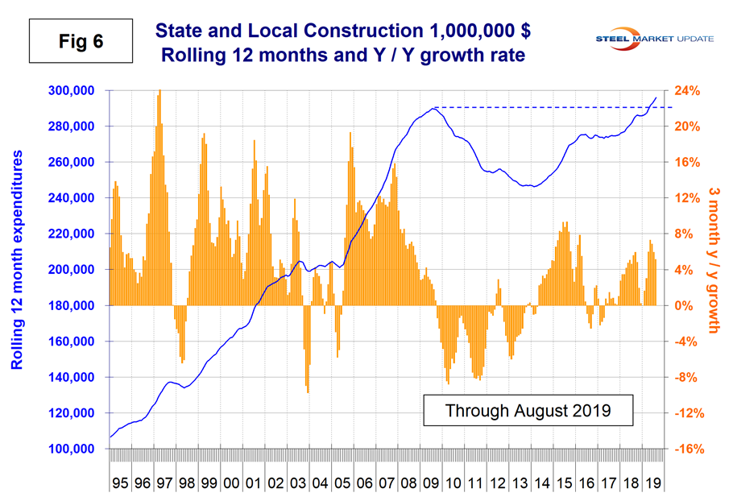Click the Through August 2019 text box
[x=528, y=410]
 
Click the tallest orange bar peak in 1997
[x=159, y=92]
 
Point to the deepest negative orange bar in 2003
[x=309, y=391]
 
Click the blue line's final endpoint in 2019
[x=656, y=97]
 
